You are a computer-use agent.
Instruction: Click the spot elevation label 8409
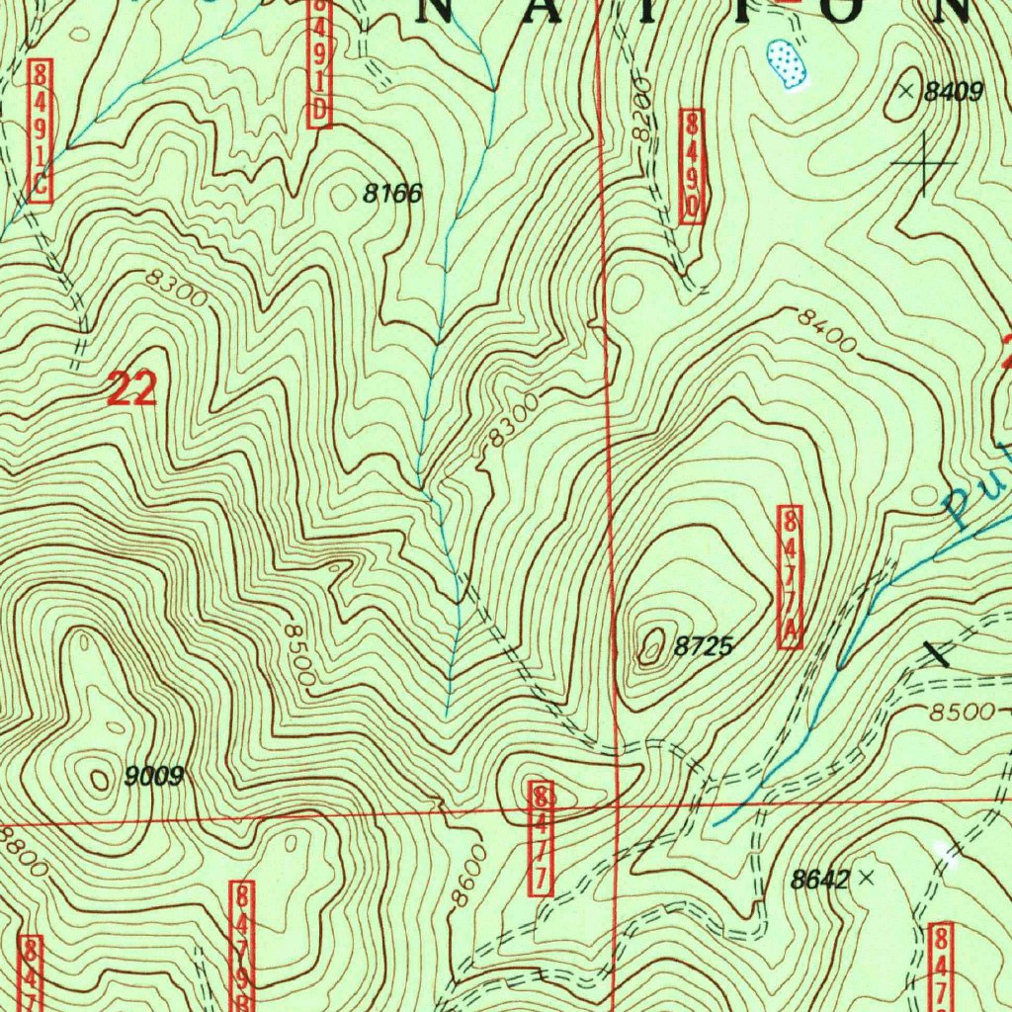click(x=954, y=93)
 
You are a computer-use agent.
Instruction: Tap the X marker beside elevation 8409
click(x=907, y=91)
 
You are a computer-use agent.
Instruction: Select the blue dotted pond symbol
click(x=787, y=64)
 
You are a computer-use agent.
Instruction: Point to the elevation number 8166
click(x=392, y=194)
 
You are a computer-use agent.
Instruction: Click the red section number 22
click(x=131, y=391)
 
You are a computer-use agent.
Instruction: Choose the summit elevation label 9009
click(x=155, y=777)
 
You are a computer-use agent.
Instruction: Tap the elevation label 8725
click(x=703, y=647)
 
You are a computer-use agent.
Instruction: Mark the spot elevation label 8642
click(x=820, y=879)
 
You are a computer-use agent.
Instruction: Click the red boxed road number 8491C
click(x=40, y=130)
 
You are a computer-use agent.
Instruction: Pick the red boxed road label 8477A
click(x=790, y=577)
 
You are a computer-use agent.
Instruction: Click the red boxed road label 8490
click(x=692, y=165)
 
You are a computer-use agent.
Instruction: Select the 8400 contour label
click(x=827, y=329)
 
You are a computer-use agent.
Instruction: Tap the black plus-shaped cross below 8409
click(x=924, y=161)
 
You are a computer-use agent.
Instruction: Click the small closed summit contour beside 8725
click(x=651, y=647)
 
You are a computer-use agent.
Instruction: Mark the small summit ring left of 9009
click(x=100, y=780)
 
